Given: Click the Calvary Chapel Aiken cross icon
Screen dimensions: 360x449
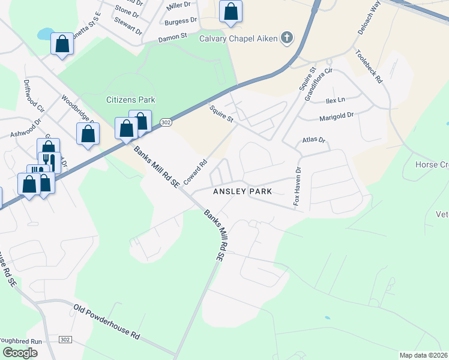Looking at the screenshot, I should coord(287,39).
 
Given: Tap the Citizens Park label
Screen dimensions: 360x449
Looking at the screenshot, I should coord(131,99).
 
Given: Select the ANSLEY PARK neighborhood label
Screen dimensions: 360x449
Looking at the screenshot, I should coord(243,191).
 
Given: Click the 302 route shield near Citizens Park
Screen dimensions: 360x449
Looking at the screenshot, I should coord(166,122).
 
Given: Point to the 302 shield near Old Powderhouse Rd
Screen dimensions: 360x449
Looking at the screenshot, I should coord(65,340).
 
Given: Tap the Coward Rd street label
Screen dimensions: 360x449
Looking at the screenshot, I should coord(196,171).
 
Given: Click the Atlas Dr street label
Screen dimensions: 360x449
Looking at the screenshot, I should coord(313,140).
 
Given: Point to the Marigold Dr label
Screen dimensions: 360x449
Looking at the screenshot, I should coord(337,117).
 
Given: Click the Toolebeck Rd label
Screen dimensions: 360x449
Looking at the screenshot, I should coord(369,67).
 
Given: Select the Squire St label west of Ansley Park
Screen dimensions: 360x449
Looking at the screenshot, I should coord(221,113).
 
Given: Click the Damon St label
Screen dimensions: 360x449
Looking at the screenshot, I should coord(173,38).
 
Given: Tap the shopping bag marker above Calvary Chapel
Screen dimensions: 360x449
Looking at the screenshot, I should coord(231,11).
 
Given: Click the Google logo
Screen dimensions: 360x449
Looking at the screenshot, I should coord(20,352).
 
